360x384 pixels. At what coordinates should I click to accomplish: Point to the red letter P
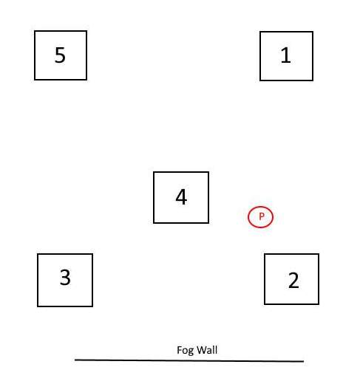coord(262,216)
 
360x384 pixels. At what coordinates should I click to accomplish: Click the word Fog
coord(185,350)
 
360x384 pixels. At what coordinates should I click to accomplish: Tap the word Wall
coord(207,350)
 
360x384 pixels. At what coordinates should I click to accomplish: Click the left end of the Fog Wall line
coord(75,360)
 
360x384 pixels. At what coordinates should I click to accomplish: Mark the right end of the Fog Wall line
coord(304,361)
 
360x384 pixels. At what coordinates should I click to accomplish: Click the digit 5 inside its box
coord(60,55)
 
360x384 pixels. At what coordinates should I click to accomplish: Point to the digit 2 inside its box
coord(293,280)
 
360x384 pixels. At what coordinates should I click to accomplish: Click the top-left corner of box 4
coord(154,172)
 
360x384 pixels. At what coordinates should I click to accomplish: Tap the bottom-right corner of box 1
coord(313,80)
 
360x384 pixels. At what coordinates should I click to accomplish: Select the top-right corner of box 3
coord(92,254)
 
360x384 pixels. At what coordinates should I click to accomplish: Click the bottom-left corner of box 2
coord(265,304)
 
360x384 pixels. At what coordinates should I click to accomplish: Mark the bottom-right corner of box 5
coord(86,80)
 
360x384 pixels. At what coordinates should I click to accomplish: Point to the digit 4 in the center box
coord(181,197)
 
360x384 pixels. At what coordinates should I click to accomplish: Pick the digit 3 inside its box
coord(65,277)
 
